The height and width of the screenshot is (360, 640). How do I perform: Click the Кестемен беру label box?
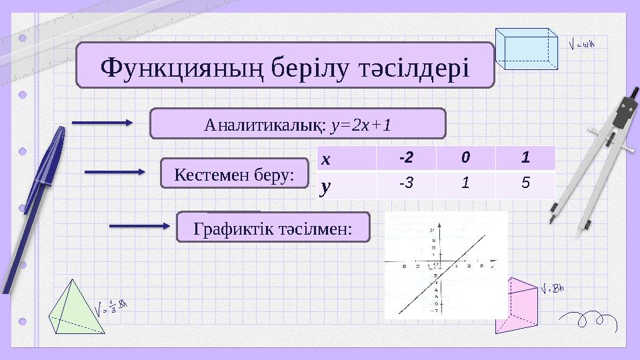click(x=234, y=173)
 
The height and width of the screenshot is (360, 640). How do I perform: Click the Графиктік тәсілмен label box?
click(x=273, y=228)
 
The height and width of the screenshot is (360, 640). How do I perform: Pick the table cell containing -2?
click(x=406, y=159)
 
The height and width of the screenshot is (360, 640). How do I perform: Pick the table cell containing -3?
click(x=406, y=185)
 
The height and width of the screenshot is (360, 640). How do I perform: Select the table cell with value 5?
click(x=525, y=185)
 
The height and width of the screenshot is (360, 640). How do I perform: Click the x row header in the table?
click(x=346, y=159)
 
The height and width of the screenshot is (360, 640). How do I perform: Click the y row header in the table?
click(x=346, y=186)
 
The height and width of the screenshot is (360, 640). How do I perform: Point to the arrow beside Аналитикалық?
click(x=103, y=123)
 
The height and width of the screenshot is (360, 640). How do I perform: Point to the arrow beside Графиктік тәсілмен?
click(x=140, y=226)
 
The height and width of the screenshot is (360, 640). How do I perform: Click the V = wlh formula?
click(x=582, y=45)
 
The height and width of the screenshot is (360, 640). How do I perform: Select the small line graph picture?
click(x=446, y=265)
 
